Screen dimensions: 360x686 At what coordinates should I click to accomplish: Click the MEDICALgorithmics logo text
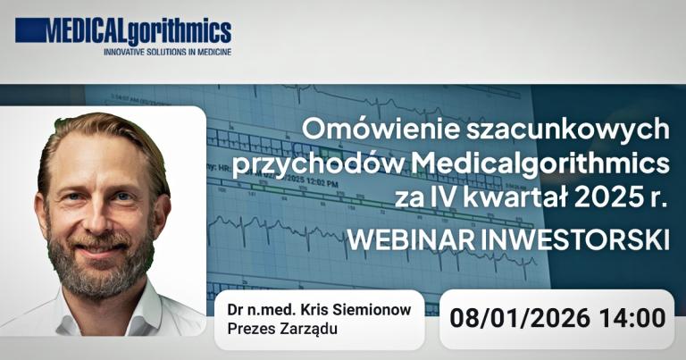coord(123,32)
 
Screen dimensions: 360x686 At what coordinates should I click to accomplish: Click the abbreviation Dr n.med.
coord(256,308)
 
